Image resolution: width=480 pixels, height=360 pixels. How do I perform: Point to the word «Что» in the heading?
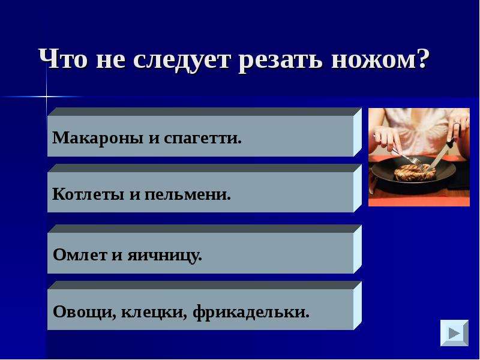click(x=63, y=59)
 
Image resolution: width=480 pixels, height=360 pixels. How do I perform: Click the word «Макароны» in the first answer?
click(x=98, y=138)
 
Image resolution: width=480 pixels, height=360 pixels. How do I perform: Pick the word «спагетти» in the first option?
click(x=203, y=139)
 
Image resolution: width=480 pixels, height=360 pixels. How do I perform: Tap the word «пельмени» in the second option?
click(x=187, y=194)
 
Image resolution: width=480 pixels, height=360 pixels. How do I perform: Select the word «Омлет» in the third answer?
click(x=80, y=254)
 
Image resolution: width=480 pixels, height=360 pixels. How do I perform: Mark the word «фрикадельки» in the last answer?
click(x=251, y=311)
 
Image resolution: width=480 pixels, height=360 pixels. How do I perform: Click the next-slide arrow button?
click(x=454, y=333)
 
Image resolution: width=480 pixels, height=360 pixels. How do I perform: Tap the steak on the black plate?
click(x=415, y=172)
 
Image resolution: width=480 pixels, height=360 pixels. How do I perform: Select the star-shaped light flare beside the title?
click(x=47, y=97)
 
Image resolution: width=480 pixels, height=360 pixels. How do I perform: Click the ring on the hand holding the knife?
click(x=457, y=123)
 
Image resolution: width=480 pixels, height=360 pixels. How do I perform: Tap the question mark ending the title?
click(x=424, y=58)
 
